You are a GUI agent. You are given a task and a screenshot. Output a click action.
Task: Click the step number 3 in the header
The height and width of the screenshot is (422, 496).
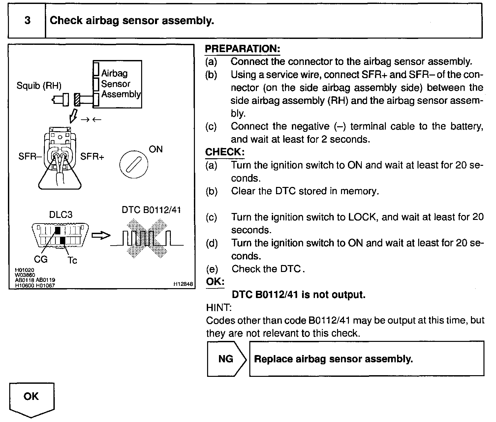point(27,20)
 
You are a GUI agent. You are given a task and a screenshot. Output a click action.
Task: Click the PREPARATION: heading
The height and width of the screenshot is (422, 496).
point(242,48)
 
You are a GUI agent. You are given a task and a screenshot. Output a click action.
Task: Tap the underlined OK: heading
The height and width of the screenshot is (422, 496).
point(215,282)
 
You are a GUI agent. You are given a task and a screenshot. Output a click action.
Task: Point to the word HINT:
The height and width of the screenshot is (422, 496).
point(219,308)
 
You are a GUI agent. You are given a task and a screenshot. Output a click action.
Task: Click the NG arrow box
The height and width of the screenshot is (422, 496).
point(227,359)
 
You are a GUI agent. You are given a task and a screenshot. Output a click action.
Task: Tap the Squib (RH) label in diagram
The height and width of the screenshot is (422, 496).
point(39,86)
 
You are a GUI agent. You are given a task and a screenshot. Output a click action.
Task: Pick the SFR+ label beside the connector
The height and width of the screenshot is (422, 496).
point(92,156)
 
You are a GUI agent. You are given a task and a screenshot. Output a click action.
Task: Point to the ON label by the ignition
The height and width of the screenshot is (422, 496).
point(156,149)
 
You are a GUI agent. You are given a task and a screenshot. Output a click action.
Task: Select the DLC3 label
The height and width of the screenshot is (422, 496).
point(60,215)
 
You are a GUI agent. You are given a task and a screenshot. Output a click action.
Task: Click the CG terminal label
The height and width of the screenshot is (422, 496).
point(41,259)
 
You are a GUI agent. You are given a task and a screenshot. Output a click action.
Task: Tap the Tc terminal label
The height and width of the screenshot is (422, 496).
point(72,260)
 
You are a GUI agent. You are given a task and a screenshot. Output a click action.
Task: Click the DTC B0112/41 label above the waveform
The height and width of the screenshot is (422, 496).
point(151,210)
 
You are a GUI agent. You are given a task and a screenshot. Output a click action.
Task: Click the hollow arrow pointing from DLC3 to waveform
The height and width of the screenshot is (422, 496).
point(100,235)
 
